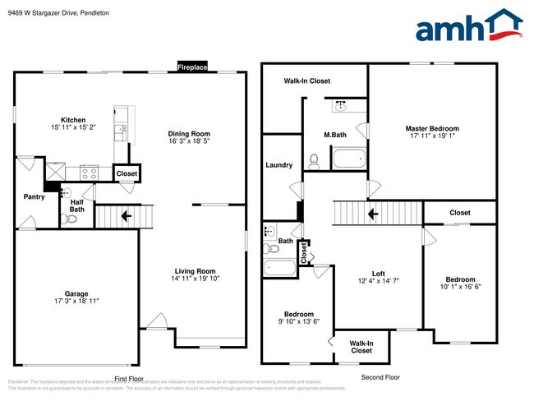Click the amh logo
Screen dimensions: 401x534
click(469, 26)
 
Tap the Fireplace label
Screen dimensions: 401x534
click(192, 67)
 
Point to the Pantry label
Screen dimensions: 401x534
click(34, 196)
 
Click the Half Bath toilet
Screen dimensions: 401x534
click(67, 219)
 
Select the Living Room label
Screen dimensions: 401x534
click(195, 271)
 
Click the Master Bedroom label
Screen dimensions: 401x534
click(432, 129)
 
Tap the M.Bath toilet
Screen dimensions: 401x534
click(313, 160)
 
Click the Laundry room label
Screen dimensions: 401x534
click(279, 165)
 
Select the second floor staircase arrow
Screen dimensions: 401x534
click(372, 214)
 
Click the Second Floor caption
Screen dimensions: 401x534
click(381, 377)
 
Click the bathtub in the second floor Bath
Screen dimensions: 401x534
click(279, 267)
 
